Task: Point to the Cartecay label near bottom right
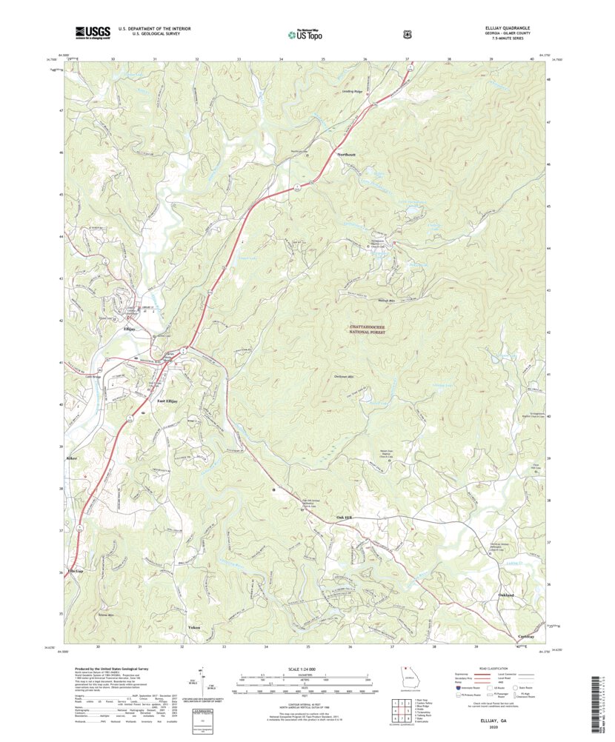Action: (526, 636)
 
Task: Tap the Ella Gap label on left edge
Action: (75, 571)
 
